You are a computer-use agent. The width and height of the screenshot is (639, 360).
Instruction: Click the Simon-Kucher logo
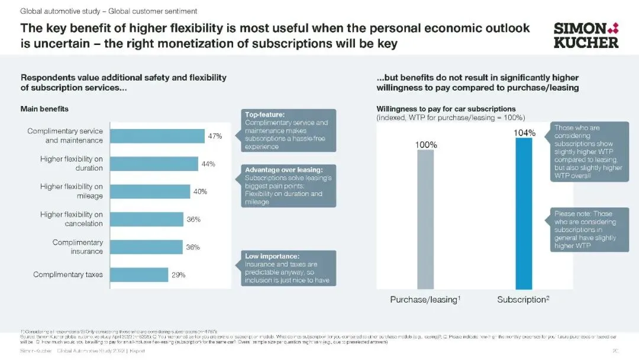586,35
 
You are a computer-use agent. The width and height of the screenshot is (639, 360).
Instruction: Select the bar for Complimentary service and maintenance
157,136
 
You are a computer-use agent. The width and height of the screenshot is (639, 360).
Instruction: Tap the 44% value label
208,164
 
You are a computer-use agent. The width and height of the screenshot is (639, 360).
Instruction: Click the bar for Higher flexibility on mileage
150,191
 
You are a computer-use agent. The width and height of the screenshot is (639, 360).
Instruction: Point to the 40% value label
200,192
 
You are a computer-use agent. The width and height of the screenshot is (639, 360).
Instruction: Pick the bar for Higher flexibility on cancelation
147,219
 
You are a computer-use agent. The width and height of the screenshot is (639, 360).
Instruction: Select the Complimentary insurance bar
147,247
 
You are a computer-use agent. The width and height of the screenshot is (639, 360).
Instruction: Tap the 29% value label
179,275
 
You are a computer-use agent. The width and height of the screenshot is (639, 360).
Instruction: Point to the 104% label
524,133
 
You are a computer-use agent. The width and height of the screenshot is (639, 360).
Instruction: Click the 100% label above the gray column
426,144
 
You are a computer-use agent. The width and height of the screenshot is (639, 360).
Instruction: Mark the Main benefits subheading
44,109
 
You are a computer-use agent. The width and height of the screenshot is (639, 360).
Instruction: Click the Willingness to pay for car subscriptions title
446,109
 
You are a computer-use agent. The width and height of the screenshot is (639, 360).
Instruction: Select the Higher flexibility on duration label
71,163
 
